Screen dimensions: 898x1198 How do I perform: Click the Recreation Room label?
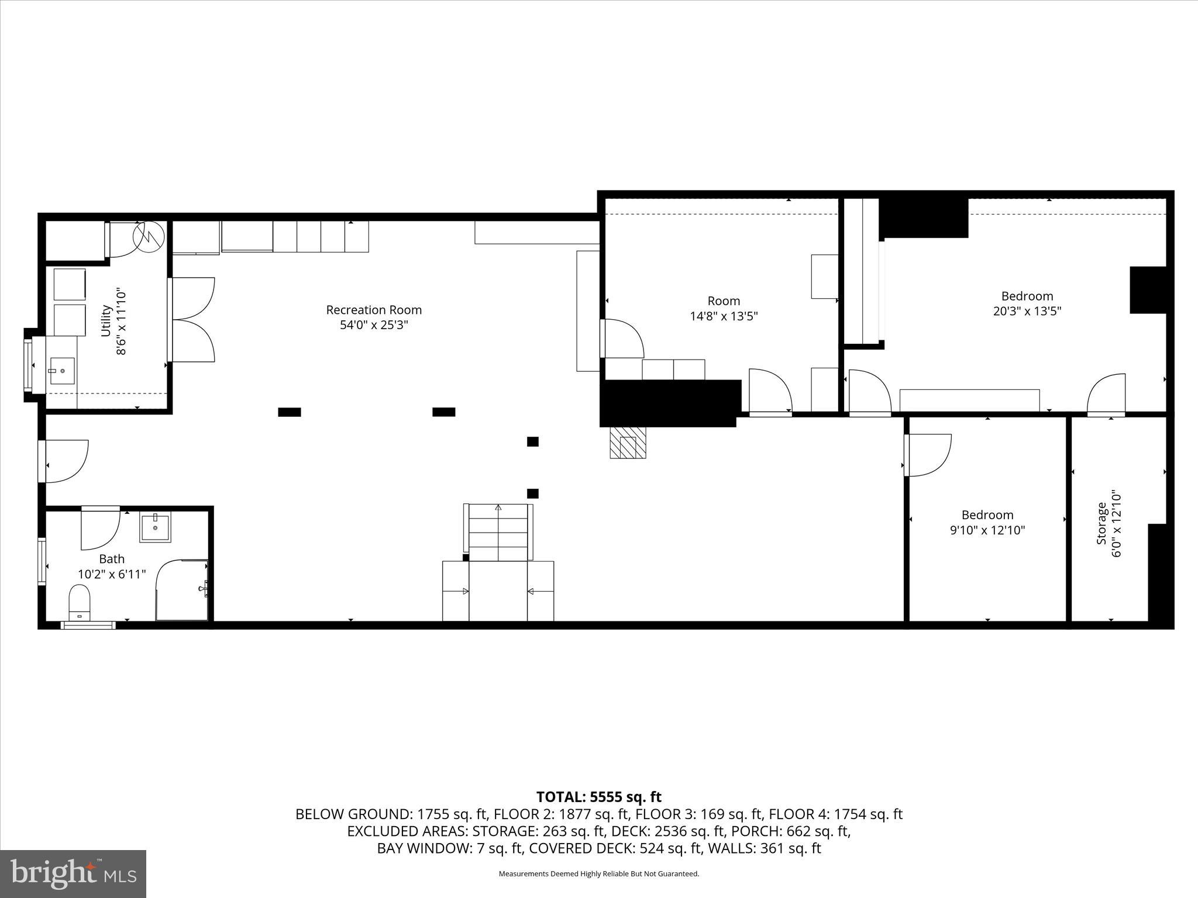(374, 310)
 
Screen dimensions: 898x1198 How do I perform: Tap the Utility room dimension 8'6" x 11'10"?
(122, 320)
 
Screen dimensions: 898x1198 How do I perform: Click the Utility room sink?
(62, 371)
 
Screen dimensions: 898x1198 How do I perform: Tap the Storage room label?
(1101, 523)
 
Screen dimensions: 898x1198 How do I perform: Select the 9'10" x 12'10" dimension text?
(987, 531)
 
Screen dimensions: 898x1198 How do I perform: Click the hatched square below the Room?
(628, 443)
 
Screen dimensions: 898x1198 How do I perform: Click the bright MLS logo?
(73, 873)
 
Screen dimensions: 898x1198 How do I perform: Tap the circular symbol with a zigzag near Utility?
(149, 236)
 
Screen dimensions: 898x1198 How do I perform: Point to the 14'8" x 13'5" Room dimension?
(724, 316)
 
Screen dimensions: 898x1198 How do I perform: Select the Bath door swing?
(101, 530)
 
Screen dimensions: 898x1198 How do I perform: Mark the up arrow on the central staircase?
(498, 507)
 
